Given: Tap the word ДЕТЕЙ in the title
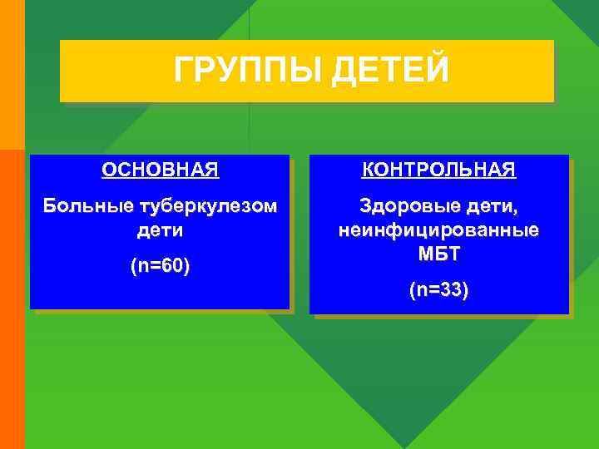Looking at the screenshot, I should tap(389, 70).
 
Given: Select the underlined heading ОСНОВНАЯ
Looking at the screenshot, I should tap(161, 170).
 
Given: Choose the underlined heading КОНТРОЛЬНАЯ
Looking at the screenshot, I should tap(438, 170).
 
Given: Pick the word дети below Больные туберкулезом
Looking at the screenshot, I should tap(160, 229).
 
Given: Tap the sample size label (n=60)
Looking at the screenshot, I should tap(160, 267).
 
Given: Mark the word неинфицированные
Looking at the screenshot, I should tap(438, 229).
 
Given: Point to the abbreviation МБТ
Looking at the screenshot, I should tap(438, 253).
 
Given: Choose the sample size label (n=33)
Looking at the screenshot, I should tap(438, 291).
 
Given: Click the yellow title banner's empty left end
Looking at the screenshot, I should tap(100, 71).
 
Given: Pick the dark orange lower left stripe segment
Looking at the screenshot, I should tap(12, 299).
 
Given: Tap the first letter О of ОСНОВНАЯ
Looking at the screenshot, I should tap(109, 170).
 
